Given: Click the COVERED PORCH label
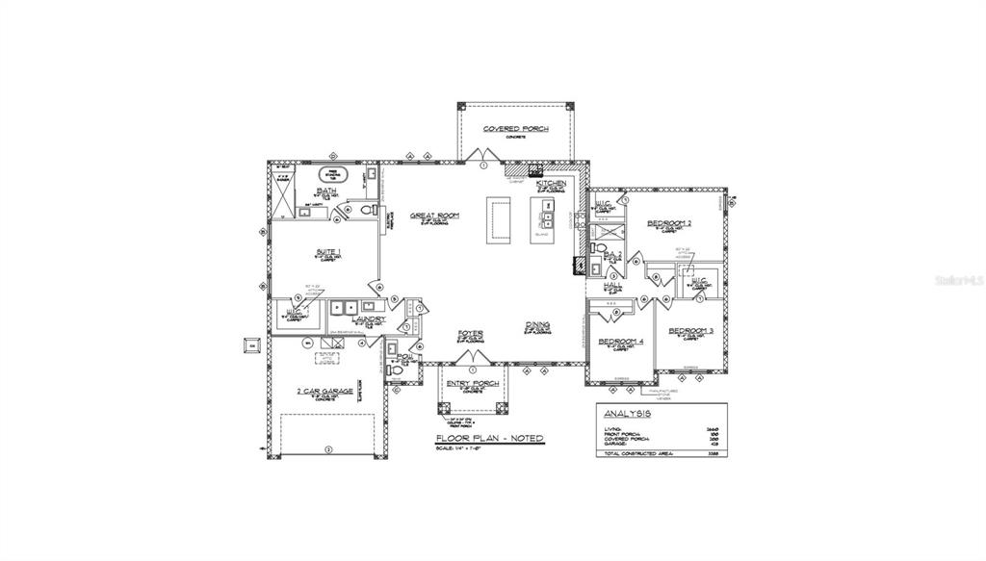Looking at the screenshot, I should (x=515, y=128).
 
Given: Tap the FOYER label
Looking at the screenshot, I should (x=470, y=333).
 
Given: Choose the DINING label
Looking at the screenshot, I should (x=537, y=325).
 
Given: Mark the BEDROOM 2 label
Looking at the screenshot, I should (x=669, y=222).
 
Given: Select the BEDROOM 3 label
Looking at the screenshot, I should (x=690, y=330).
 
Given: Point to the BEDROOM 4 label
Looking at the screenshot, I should (x=620, y=342).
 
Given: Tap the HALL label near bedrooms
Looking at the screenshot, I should (x=610, y=285).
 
